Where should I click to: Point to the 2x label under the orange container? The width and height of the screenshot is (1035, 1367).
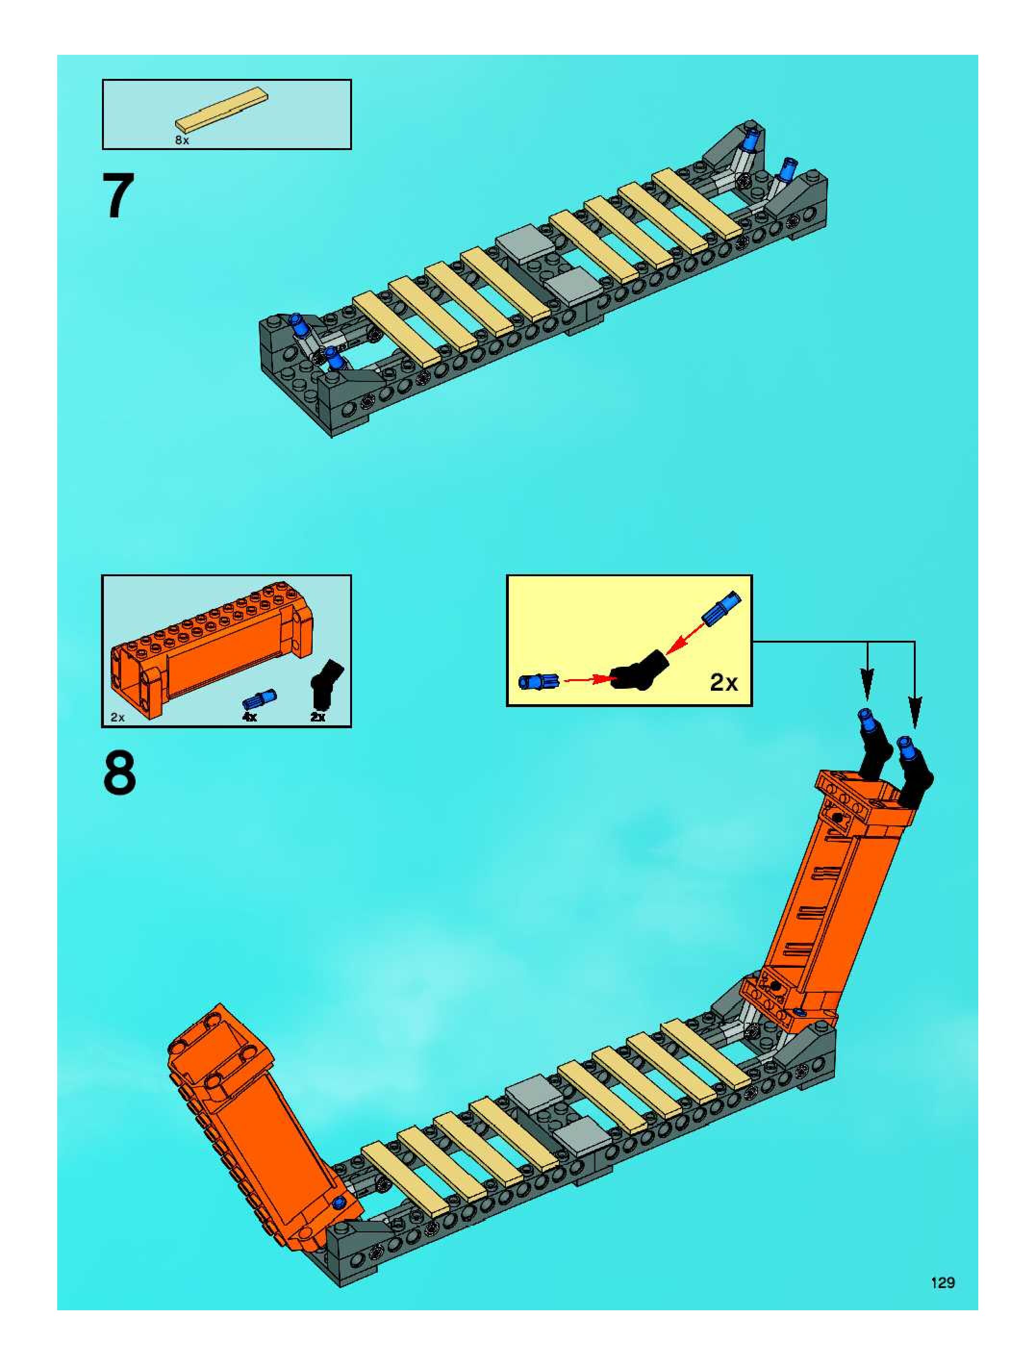point(117,718)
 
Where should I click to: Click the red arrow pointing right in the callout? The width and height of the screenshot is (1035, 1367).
point(587,681)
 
